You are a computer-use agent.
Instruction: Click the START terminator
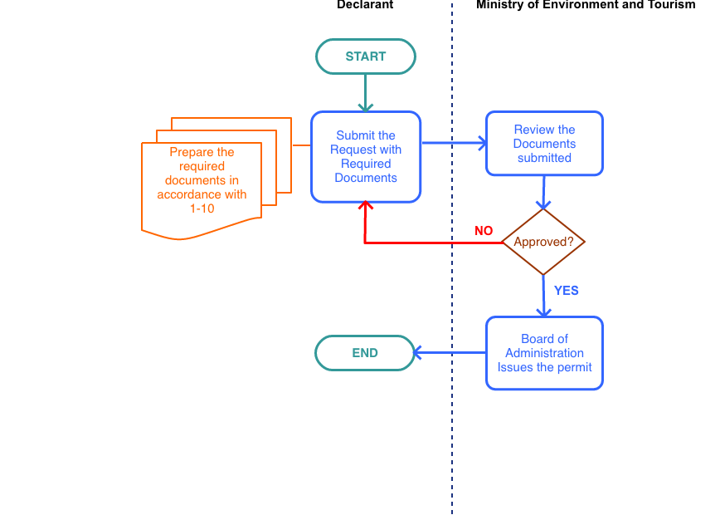365,56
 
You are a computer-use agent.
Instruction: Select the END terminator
364,353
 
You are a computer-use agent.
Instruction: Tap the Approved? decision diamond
543,243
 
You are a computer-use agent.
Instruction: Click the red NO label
484,231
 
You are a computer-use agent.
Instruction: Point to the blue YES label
567,291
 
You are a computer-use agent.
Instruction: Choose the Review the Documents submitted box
544,144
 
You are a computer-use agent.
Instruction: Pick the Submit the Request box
366,157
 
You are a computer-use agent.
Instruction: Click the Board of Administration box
544,353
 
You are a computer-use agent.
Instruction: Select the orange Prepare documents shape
202,183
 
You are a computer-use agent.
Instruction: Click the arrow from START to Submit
365,93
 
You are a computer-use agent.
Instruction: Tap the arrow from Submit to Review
454,144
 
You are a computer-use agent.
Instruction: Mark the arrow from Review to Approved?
543,193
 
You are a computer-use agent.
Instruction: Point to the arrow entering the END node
448,353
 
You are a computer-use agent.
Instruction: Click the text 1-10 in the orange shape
202,208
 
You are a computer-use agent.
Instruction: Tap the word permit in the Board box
574,367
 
